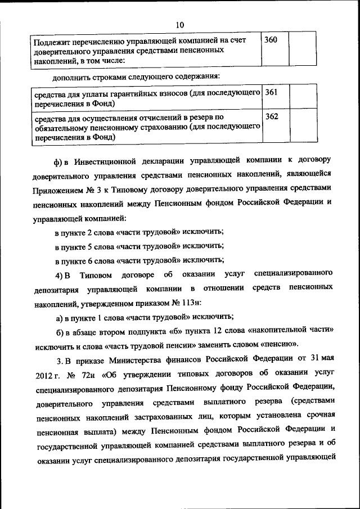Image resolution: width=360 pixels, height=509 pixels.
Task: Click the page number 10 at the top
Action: pyautogui.click(x=180, y=24)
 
